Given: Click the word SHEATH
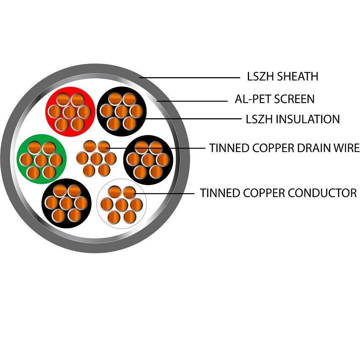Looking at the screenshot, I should pyautogui.click(x=299, y=77).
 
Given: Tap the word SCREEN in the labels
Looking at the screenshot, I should pyautogui.click(x=294, y=99).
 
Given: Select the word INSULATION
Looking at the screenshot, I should pyautogui.click(x=307, y=119).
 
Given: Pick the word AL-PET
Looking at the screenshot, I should pyautogui.click(x=253, y=99).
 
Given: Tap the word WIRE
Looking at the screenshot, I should pyautogui.click(x=346, y=148).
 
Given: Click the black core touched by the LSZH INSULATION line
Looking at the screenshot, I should pyautogui.click(x=122, y=111).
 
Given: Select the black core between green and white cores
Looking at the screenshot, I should pyautogui.click(x=66, y=203).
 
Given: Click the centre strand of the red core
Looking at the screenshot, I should pyautogui.click(x=69, y=112).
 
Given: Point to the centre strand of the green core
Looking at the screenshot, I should pyautogui.click(x=41, y=160).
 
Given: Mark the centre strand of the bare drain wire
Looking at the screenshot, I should pyautogui.click(x=96, y=158).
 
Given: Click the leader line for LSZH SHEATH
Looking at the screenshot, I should pyautogui.click(x=191, y=78).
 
